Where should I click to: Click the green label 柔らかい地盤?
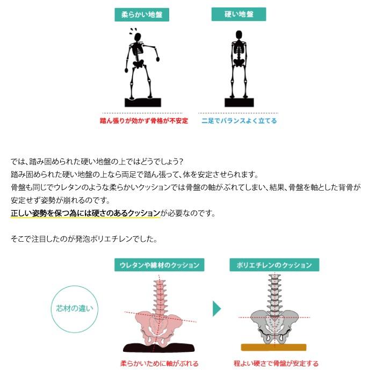141,15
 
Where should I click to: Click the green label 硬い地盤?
238,15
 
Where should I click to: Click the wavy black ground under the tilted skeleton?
143,102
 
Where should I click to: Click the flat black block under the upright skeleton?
239,102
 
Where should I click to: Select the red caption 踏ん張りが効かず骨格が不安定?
144,121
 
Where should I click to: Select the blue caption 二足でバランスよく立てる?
239,121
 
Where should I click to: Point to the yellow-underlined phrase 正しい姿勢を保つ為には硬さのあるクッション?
85,213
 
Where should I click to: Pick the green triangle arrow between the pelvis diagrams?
216,308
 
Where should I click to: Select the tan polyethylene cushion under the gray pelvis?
273,347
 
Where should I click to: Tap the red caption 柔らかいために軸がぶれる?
159,364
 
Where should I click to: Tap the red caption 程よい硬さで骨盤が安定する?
276,364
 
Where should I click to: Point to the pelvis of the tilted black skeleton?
139,65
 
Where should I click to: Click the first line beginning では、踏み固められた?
98,162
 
